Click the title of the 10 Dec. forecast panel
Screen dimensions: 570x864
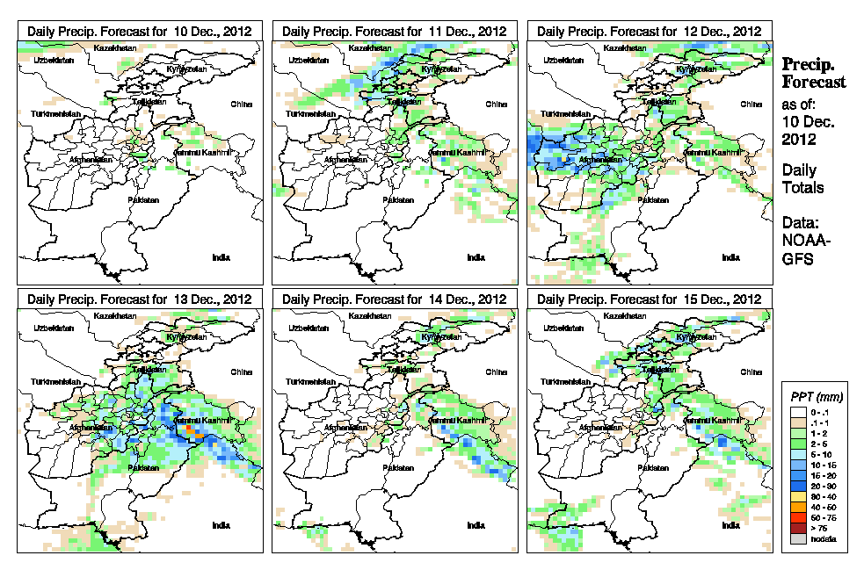(x=140, y=31)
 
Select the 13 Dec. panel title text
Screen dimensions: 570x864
(x=140, y=299)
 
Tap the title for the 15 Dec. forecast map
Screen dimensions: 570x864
(x=650, y=299)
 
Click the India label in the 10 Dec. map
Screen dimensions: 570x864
(x=221, y=256)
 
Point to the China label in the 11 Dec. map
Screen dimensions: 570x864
(x=496, y=104)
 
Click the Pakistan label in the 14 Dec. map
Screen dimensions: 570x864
(x=398, y=468)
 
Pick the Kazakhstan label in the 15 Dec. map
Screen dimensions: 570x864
(x=625, y=315)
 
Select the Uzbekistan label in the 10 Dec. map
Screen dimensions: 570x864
(x=51, y=61)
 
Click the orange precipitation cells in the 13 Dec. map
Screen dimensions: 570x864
(x=195, y=432)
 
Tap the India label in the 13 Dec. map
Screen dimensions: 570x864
(x=221, y=525)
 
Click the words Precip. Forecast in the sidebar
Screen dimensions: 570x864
(x=814, y=73)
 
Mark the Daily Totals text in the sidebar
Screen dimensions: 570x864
(x=803, y=178)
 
